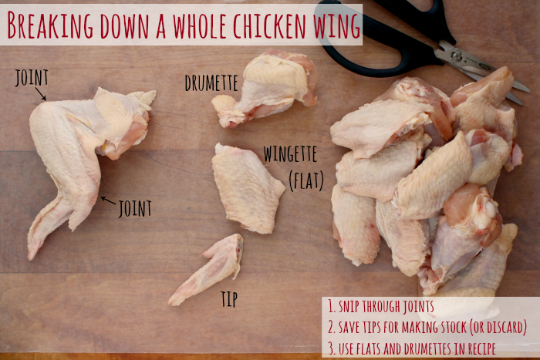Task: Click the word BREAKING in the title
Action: tap(50, 25)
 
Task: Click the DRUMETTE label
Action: tap(211, 82)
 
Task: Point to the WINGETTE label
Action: tap(290, 154)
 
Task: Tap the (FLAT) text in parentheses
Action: tap(306, 180)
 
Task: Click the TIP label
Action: tap(229, 299)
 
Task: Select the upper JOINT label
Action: tap(32, 78)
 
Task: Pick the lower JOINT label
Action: tap(135, 209)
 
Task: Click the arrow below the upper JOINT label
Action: tap(41, 93)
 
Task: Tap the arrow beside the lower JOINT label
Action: tap(108, 200)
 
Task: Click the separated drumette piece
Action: tap(265, 89)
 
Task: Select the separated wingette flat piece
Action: tap(247, 188)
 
